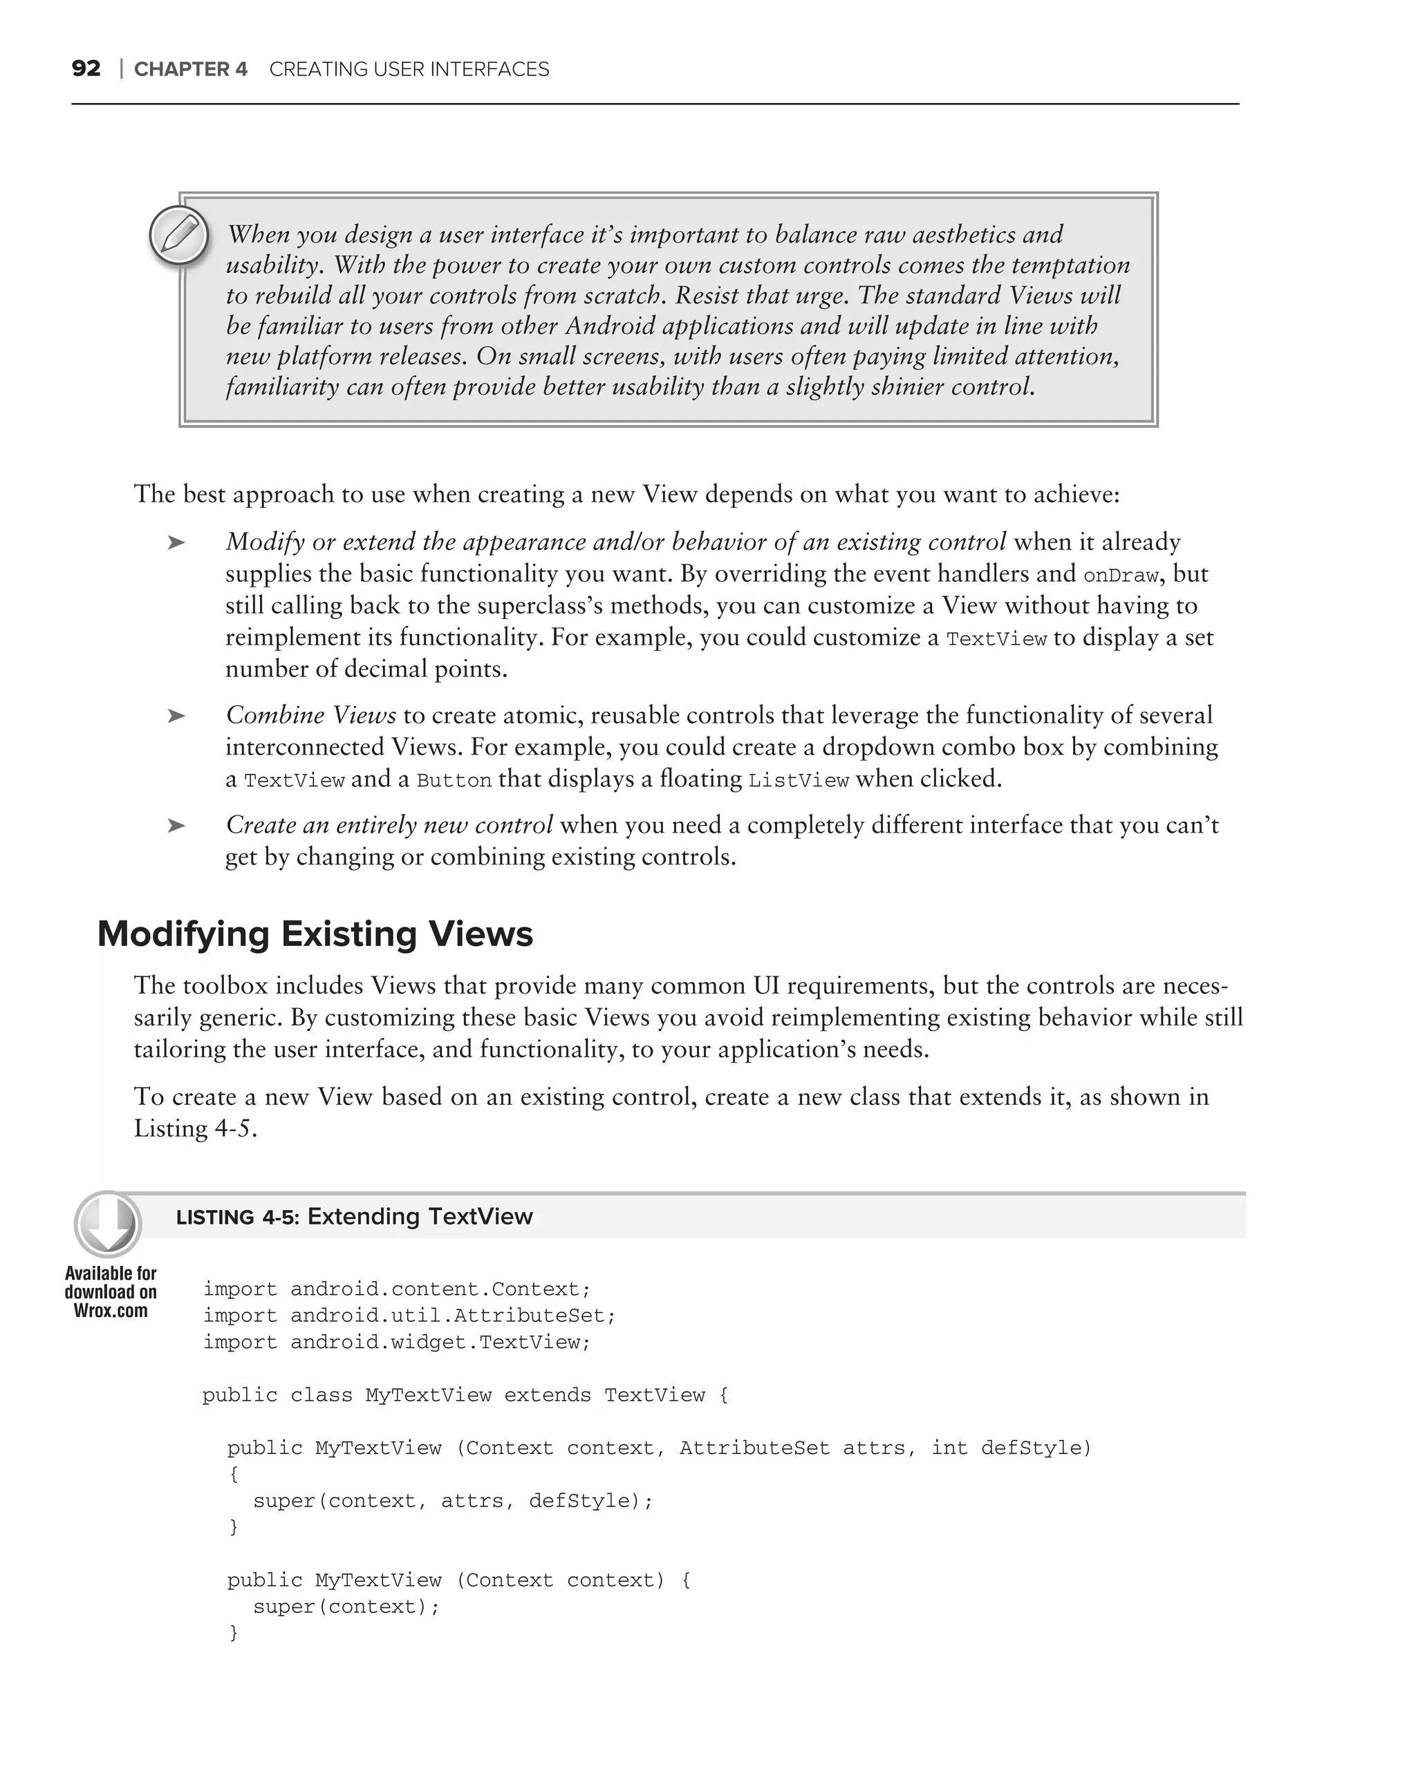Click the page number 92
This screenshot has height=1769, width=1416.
pos(86,69)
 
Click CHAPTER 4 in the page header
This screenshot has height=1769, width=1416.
pos(190,70)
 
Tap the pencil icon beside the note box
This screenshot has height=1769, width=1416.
pos(179,236)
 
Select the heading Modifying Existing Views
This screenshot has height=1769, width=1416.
pos(315,934)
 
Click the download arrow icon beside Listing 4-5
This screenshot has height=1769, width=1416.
pos(108,1225)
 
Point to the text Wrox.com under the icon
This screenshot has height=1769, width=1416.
pos(111,1311)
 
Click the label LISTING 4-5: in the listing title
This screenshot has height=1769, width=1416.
pos(238,1218)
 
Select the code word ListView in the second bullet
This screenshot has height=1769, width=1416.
pos(799,780)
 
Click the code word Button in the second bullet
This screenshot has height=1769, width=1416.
pos(454,780)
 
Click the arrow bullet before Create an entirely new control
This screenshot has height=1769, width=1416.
pos(176,826)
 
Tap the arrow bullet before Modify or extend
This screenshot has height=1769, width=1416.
pos(176,542)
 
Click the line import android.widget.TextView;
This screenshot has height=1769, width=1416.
pos(396,1343)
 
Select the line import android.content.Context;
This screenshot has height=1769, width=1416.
pos(396,1289)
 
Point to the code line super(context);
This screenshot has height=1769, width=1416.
pos(346,1607)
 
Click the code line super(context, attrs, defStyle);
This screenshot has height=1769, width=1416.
pos(452,1501)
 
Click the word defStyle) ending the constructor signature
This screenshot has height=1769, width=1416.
pos(1036,1448)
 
